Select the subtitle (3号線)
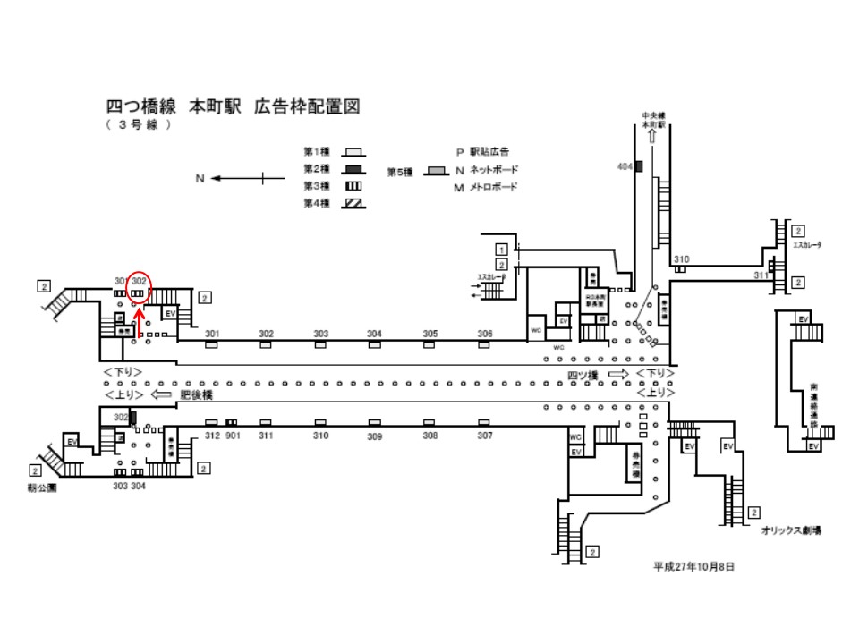[x=138, y=125]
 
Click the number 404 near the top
[x=625, y=167]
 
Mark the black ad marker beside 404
[x=639, y=167]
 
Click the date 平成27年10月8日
[x=695, y=567]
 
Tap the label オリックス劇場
[x=791, y=530]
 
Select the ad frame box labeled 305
[x=430, y=344]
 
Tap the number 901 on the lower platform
[x=234, y=436]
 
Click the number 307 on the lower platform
[x=485, y=436]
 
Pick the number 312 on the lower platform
[x=212, y=436]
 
